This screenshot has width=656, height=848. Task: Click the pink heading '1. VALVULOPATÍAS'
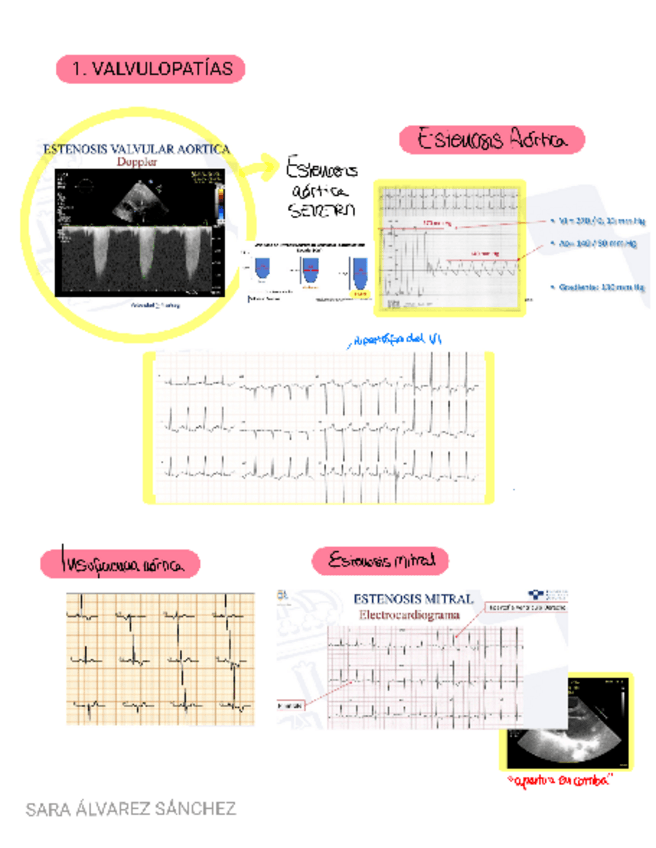151,68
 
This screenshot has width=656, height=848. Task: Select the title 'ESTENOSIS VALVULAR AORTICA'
136,148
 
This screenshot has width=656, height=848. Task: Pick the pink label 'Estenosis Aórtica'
490,140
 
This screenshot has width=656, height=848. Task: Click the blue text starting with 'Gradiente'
596,285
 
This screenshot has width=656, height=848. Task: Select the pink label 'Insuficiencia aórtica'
119,565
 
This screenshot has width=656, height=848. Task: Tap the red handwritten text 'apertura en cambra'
559,779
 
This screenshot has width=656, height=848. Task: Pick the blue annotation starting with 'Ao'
596,243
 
